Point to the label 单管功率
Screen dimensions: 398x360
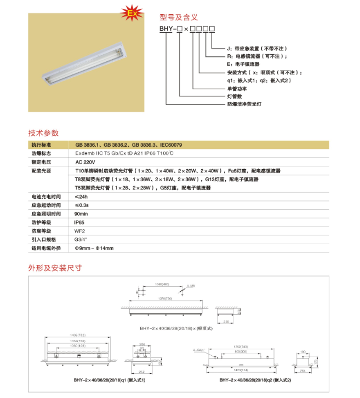pos(237,88)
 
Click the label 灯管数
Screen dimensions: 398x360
pos(235,95)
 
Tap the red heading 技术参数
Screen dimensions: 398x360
pos(43,133)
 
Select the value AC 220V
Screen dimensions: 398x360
pos(85,162)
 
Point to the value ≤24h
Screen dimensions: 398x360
pos(81,196)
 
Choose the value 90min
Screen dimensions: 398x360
pos(82,214)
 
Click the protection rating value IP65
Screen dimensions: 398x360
pos(79,222)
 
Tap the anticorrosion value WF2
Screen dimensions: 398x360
pos(79,230)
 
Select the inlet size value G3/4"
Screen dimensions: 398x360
pos(81,239)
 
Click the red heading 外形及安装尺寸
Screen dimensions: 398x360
pos(55,268)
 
